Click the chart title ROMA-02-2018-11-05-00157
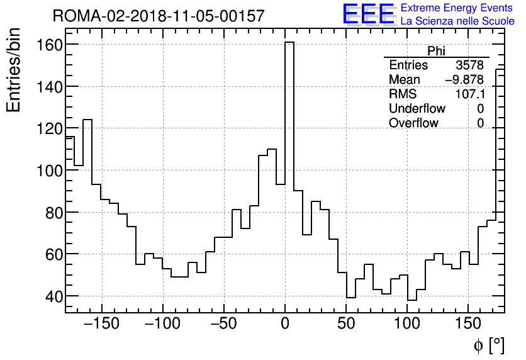pos(159,16)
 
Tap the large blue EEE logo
pos(368,14)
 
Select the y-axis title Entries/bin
pos(14,70)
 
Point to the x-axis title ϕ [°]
pos(488,345)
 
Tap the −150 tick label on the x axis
pos(101,324)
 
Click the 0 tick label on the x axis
pos(285,324)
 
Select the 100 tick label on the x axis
pos(407,324)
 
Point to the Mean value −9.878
pos(464,80)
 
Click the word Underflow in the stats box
pos(417,109)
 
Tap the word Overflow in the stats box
pos(413,123)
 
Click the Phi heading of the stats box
pos(436,51)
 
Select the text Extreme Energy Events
pos(456,8)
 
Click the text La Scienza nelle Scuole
pos(457,21)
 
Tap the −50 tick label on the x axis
pos(223,324)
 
